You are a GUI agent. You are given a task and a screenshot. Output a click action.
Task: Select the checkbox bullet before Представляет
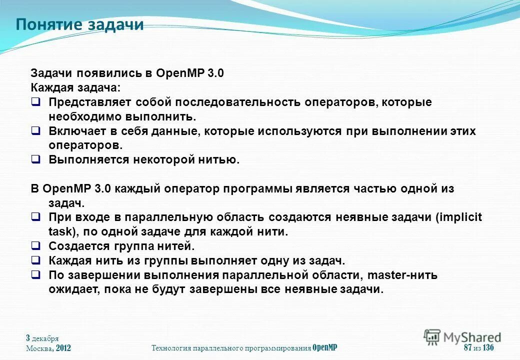(x=35, y=102)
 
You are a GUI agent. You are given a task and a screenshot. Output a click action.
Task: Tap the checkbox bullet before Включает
(x=35, y=131)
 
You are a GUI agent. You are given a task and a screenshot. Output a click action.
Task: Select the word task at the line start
(x=59, y=232)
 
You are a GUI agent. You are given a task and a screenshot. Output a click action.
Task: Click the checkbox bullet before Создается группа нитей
(x=35, y=246)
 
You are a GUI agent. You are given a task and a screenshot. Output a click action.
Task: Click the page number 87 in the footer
(x=468, y=348)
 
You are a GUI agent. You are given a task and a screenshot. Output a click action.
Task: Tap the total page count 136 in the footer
(x=489, y=348)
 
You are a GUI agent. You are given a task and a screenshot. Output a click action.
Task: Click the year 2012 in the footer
(x=63, y=348)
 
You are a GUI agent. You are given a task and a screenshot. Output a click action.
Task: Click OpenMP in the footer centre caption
(x=325, y=348)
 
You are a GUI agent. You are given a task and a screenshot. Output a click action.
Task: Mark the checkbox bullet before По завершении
(x=35, y=275)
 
